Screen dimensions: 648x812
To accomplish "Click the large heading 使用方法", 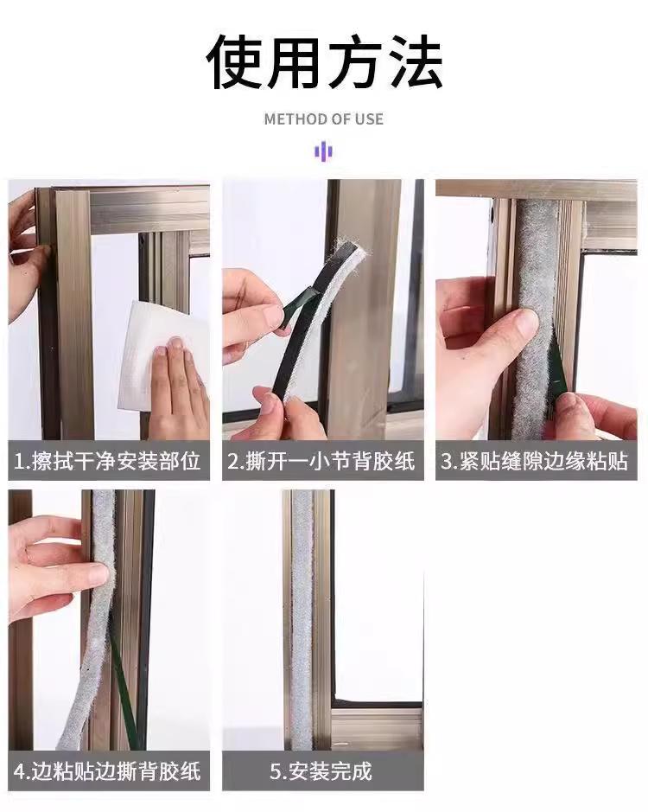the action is [x=324, y=62].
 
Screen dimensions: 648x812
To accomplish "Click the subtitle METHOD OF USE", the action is [x=323, y=119].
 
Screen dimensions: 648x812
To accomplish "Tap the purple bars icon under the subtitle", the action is [x=323, y=151].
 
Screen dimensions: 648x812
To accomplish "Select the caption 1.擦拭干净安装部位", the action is [x=107, y=460].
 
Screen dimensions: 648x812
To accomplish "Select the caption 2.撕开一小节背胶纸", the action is [x=321, y=460].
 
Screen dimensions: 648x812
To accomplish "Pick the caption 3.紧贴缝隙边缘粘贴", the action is [x=534, y=460].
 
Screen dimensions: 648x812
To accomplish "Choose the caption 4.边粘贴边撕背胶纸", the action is [x=107, y=771].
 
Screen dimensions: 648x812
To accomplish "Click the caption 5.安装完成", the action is [x=321, y=771].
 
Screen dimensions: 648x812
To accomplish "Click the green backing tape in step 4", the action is [x=124, y=694].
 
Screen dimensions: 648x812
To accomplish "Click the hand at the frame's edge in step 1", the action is [x=26, y=259].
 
